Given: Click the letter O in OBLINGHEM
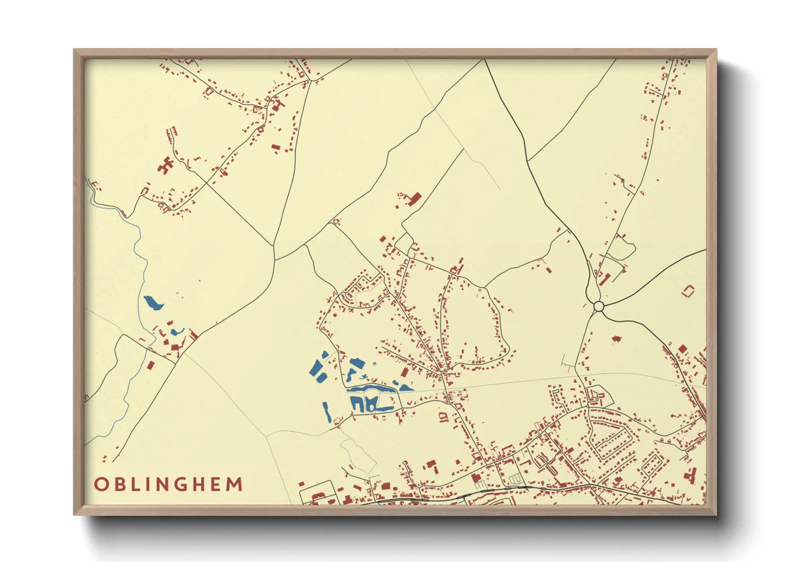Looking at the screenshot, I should click(100, 484).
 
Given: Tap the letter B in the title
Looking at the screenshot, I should click(118, 484).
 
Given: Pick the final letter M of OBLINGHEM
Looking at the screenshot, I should click(234, 484).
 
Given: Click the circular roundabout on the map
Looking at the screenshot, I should click(599, 306).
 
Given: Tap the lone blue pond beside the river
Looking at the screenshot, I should click(153, 303).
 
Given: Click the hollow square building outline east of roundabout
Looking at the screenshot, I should click(689, 291).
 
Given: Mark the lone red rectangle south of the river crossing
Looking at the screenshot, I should click(151, 365).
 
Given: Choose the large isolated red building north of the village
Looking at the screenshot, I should click(414, 199).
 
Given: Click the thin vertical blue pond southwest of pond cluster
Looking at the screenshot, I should click(326, 411).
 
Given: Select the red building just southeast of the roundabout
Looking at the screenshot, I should click(616, 338).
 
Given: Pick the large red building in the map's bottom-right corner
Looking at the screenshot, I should click(691, 474).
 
